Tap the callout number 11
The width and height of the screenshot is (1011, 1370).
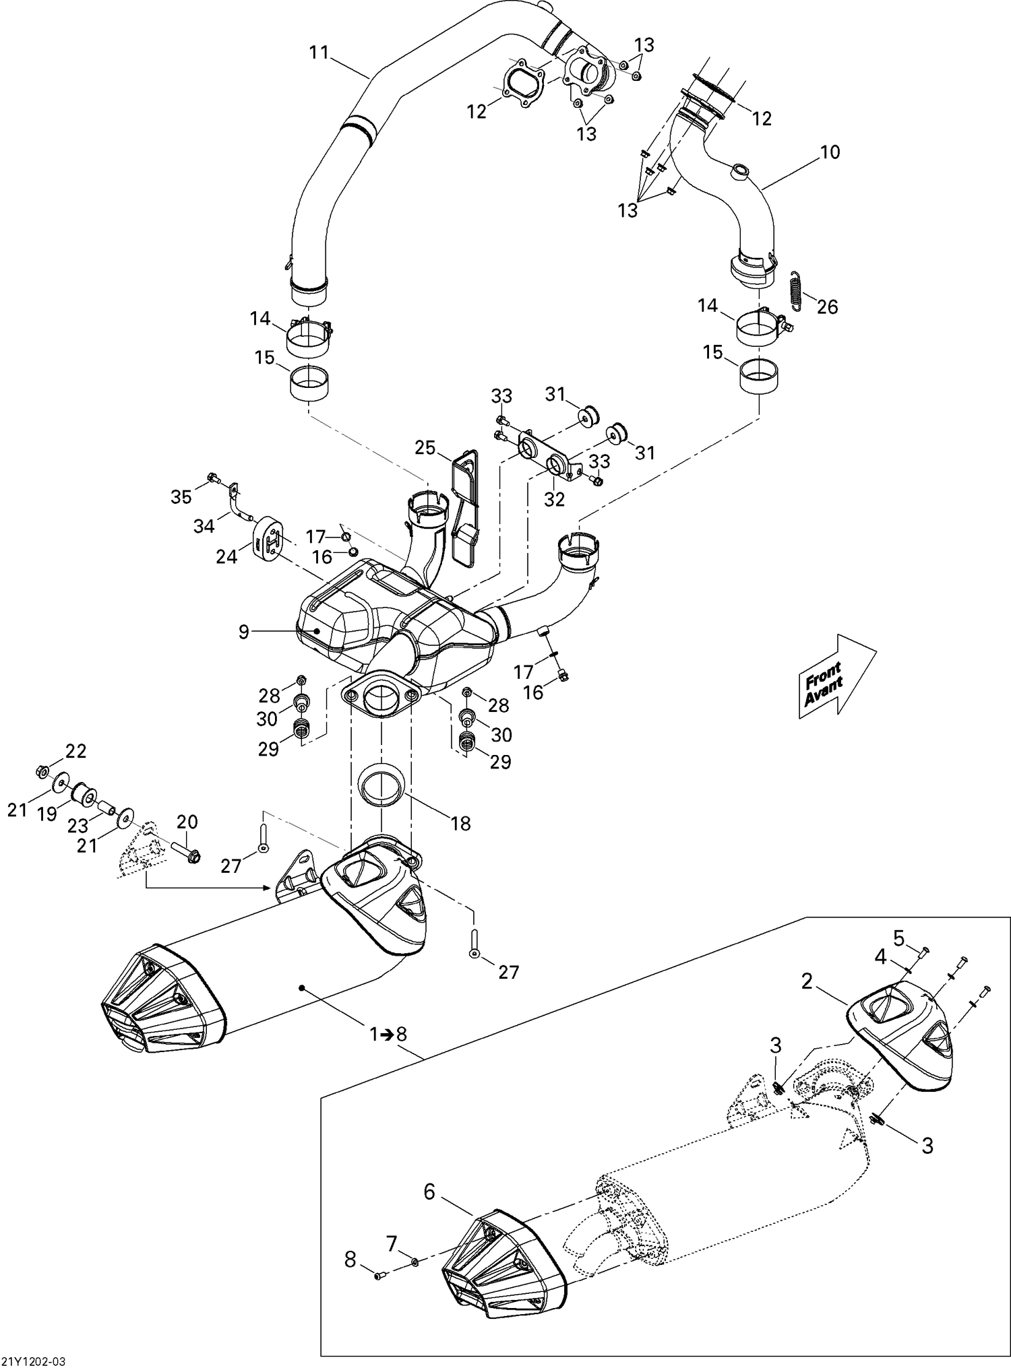[319, 53]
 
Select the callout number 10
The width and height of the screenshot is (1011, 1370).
[830, 152]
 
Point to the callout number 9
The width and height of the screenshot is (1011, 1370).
[243, 632]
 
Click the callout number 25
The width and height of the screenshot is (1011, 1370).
[425, 447]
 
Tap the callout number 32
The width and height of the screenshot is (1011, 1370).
[554, 499]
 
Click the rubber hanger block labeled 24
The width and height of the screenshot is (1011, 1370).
[269, 537]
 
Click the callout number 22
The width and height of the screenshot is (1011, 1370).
[76, 750]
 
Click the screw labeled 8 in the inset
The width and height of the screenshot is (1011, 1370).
[379, 1274]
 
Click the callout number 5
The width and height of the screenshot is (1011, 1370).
[898, 937]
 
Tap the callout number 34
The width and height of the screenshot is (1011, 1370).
[204, 526]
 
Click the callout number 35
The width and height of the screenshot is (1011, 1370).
[181, 497]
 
